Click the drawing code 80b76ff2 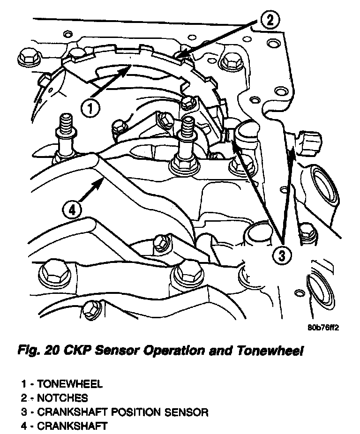click(x=323, y=328)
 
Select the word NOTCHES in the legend click(x=63, y=398)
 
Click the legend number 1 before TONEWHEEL click(x=23, y=384)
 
